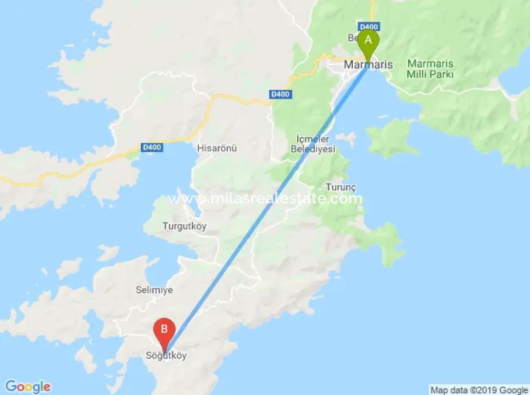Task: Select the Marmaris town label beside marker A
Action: click(368, 65)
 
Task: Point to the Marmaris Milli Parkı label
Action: click(430, 69)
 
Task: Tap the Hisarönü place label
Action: click(217, 148)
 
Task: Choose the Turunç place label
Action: click(340, 187)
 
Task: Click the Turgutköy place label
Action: click(184, 226)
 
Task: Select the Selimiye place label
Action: click(154, 290)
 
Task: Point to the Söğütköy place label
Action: click(166, 356)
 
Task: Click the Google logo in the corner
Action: click(28, 387)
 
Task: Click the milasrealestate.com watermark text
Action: click(265, 198)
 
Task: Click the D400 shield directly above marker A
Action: click(368, 26)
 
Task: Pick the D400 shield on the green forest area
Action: click(281, 94)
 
